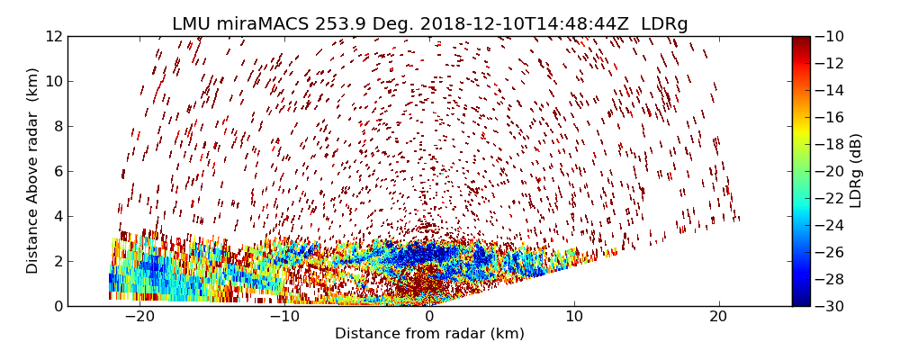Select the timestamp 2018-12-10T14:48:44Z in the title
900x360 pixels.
click(508, 24)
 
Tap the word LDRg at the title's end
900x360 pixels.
click(664, 24)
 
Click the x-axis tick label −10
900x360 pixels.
click(284, 317)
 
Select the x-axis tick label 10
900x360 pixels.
click(574, 317)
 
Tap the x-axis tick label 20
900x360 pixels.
click(718, 317)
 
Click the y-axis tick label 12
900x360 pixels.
click(53, 36)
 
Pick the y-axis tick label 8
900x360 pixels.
click(57, 126)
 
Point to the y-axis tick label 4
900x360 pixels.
click(57, 216)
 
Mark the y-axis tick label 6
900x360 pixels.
click(57, 171)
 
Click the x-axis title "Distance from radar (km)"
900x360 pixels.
click(429, 334)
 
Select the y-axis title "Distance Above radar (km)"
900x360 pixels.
click(33, 170)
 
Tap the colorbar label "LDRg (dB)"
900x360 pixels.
click(856, 170)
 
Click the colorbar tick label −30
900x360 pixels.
click(829, 306)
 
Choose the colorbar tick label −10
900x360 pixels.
click(829, 36)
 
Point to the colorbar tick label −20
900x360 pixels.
click(829, 171)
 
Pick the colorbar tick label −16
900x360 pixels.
click(829, 117)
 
